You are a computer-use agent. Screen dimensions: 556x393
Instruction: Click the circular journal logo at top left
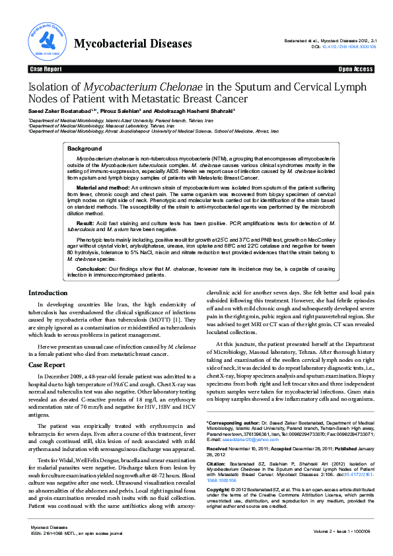click(45, 40)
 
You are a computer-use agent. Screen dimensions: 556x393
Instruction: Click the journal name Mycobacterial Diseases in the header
click(133, 44)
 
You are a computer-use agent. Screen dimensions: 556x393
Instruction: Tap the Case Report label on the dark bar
click(46, 69)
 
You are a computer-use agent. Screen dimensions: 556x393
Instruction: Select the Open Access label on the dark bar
click(355, 69)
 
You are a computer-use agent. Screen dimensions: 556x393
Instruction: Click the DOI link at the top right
click(348, 47)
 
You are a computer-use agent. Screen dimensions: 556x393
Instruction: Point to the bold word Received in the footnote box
click(219, 449)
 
